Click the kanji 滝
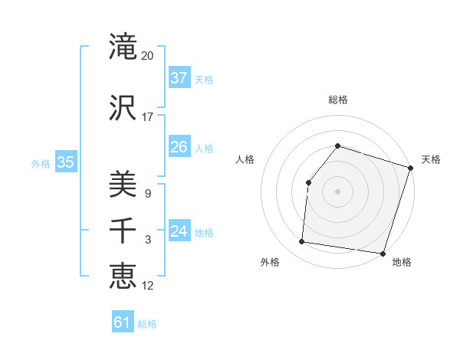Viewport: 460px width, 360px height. pyautogui.click(x=123, y=47)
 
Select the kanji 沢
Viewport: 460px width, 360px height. pyautogui.click(x=123, y=108)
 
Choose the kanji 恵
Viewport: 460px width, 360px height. pyautogui.click(x=123, y=276)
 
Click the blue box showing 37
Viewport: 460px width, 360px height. pyautogui.click(x=179, y=77)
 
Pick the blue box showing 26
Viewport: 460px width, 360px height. pyautogui.click(x=179, y=147)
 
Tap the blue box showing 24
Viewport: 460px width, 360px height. pyautogui.click(x=179, y=231)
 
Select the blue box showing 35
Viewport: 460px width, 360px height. pyautogui.click(x=66, y=162)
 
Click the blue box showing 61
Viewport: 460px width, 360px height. pyautogui.click(x=123, y=322)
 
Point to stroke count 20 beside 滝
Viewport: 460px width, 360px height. pyautogui.click(x=148, y=56)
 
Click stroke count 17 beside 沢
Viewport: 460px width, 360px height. pyautogui.click(x=148, y=117)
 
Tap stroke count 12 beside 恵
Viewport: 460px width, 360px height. pyautogui.click(x=148, y=286)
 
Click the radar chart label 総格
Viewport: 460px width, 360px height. pyautogui.click(x=337, y=100)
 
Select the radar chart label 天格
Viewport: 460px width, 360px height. pyautogui.click(x=431, y=159)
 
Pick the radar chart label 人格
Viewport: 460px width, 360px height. pyautogui.click(x=245, y=159)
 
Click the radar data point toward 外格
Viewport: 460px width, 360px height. pyautogui.click(x=302, y=242)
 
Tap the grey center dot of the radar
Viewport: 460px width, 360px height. pyautogui.click(x=337, y=191)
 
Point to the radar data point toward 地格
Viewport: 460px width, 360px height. pyautogui.click(x=383, y=254)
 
